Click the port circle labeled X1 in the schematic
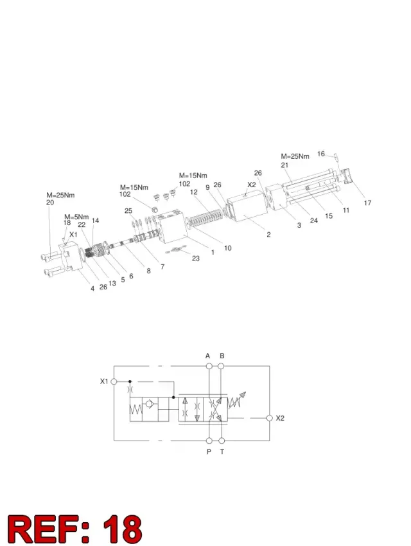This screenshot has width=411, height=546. point(114,381)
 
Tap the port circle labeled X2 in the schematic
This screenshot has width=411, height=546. point(269,418)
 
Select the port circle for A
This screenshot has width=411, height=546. point(209,366)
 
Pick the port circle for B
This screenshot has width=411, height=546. point(221,366)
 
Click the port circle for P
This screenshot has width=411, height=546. point(209,441)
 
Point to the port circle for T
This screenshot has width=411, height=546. point(222,441)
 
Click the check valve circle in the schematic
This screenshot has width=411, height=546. point(150,404)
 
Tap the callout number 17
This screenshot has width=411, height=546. point(367,203)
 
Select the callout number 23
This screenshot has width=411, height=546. point(196,259)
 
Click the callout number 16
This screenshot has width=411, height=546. point(320,154)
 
